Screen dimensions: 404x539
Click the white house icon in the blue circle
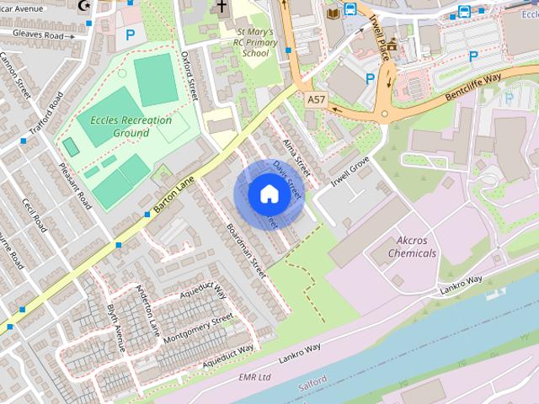click(x=268, y=194)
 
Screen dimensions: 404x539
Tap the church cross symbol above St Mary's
click(x=221, y=8)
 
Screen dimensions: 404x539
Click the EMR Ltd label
click(x=256, y=376)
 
